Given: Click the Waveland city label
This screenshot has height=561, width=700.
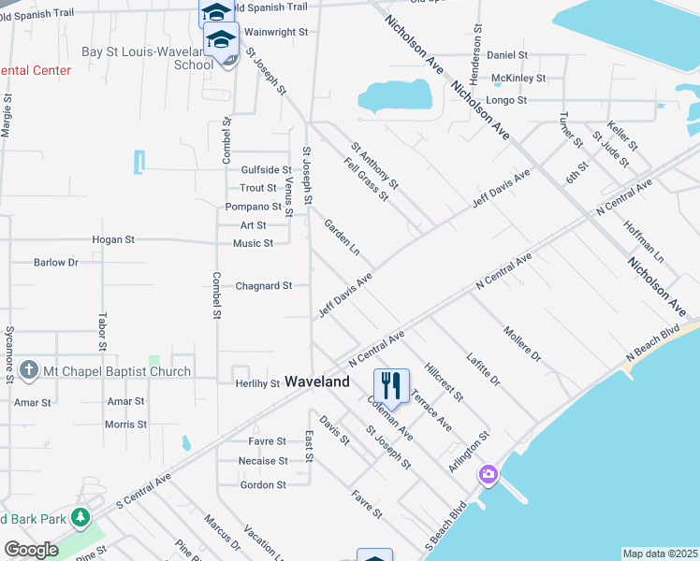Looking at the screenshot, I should (x=317, y=381).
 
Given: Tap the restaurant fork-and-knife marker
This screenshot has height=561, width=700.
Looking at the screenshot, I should (x=391, y=385).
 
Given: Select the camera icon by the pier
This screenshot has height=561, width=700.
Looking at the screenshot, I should (x=488, y=475).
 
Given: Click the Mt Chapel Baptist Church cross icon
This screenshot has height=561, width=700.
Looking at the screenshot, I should (x=29, y=371).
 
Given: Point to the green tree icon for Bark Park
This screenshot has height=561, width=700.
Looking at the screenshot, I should (x=80, y=517).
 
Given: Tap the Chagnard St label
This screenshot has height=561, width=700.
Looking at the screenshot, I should (x=264, y=286).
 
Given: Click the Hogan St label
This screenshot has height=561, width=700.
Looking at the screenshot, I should (x=113, y=239).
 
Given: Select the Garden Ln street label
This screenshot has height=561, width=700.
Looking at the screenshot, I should (x=342, y=237).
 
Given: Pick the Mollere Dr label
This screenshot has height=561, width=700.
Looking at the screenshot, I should (x=522, y=344).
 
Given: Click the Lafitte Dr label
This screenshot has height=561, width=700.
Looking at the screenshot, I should (x=483, y=369).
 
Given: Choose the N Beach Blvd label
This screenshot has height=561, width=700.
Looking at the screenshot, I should (x=651, y=345).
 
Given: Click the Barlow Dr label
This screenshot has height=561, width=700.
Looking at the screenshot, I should (x=56, y=263).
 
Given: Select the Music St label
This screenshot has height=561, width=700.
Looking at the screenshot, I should (x=253, y=244).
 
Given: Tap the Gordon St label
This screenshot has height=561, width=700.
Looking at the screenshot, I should (x=263, y=485).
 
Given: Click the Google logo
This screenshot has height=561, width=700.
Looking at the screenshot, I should (x=31, y=550).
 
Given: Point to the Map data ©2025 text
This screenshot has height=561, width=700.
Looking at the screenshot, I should (x=660, y=554).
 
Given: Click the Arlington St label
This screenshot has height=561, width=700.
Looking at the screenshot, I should (x=469, y=451).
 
